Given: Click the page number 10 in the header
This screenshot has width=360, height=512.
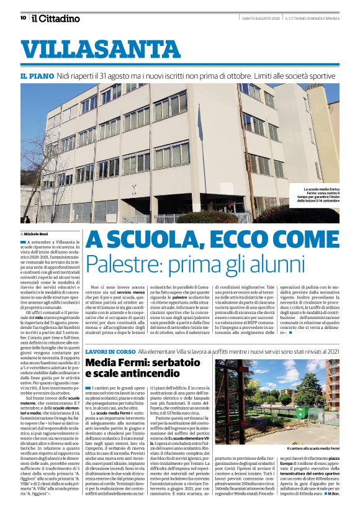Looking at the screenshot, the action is coord(22,17).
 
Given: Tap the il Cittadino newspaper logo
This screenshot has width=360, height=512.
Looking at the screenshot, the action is coord(56,18).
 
